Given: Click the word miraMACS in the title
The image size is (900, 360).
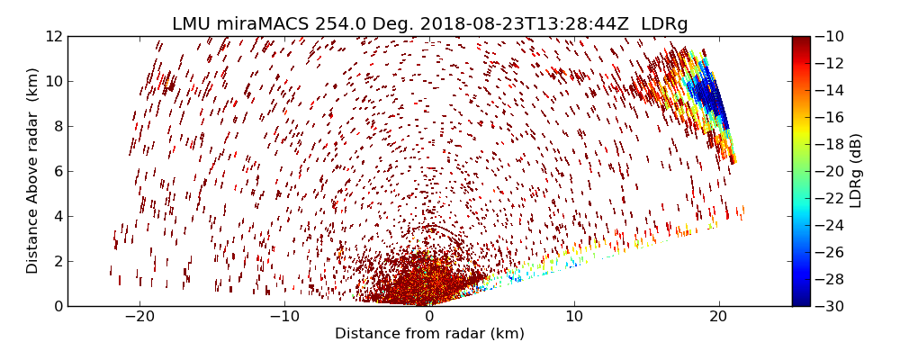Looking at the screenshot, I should pyautogui.click(x=259, y=23).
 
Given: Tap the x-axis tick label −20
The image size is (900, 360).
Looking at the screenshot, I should pyautogui.click(x=139, y=317).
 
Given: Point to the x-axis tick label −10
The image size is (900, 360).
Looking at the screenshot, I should pyautogui.click(x=284, y=317).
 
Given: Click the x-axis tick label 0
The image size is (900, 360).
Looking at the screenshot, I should pyautogui.click(x=429, y=317).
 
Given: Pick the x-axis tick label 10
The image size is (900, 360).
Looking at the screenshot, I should pyautogui.click(x=574, y=317).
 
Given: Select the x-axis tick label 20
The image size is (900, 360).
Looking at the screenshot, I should pyautogui.click(x=718, y=317).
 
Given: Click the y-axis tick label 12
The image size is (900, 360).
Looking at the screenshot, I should pyautogui.click(x=54, y=36).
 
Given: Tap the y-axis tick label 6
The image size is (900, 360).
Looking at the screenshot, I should pyautogui.click(x=58, y=171).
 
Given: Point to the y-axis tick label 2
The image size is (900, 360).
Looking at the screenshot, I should pyautogui.click(x=58, y=261).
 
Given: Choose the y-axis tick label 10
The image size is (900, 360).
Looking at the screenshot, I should pyautogui.click(x=54, y=81).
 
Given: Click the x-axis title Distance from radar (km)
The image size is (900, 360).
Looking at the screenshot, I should pyautogui.click(x=429, y=334).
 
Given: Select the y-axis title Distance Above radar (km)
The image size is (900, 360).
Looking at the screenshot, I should pyautogui.click(x=32, y=171).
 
